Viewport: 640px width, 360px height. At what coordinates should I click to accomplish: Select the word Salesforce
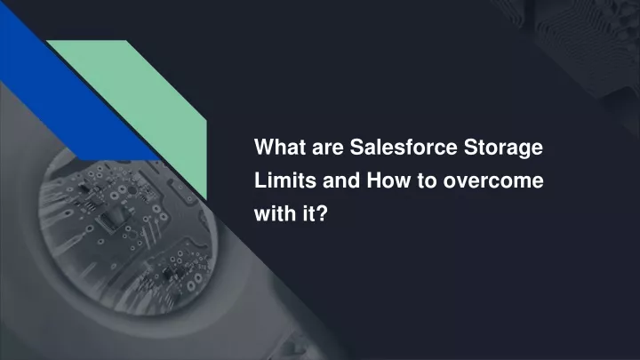[x=404, y=147]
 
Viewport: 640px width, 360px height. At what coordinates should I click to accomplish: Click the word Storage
[x=503, y=148]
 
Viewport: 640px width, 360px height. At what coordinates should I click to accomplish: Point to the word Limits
[x=285, y=180]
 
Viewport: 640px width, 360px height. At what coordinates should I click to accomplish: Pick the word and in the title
[x=341, y=180]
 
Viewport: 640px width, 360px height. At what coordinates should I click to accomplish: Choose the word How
[x=388, y=180]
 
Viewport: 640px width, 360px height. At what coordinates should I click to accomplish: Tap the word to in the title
[x=427, y=180]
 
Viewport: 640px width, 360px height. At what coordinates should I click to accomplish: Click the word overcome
[x=493, y=181]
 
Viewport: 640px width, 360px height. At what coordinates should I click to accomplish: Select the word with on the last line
[x=275, y=213]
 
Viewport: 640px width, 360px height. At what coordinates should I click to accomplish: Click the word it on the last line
[x=309, y=213]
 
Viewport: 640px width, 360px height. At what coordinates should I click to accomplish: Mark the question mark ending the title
[x=322, y=213]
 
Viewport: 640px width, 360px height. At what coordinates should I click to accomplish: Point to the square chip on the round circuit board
[x=112, y=219]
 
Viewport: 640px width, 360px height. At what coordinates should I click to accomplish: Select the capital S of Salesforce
[x=357, y=147]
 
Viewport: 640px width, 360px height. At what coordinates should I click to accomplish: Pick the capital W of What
[x=263, y=147]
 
